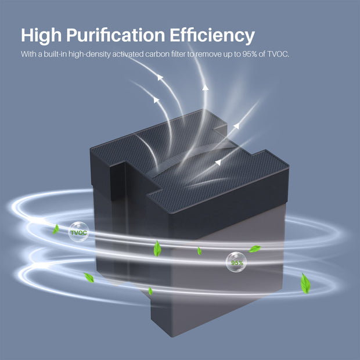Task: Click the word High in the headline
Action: [41, 35]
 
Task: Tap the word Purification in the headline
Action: [116, 35]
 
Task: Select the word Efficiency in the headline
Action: [213, 35]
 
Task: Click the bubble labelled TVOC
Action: [79, 232]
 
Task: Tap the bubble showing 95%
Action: [236, 262]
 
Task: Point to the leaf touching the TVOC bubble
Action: [56, 229]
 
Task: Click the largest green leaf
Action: [305, 283]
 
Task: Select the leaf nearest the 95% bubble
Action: [255, 249]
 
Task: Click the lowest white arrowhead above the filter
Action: [218, 163]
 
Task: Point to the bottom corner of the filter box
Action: [172, 337]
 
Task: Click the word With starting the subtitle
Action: [28, 54]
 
